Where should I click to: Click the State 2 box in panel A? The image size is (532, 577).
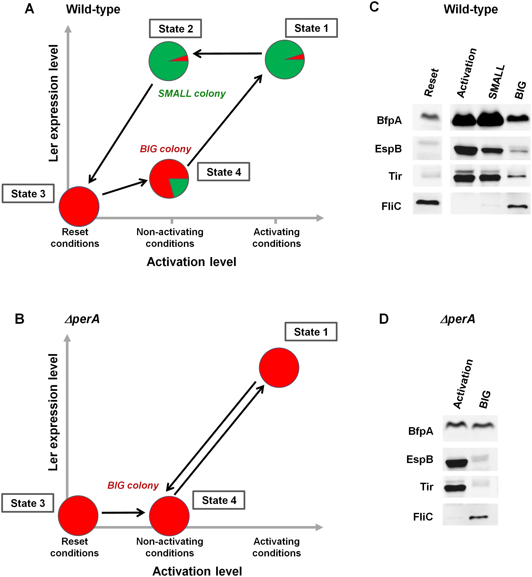(x=175, y=28)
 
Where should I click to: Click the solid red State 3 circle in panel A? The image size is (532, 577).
(x=79, y=206)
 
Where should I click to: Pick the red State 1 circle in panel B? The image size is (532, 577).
(x=279, y=367)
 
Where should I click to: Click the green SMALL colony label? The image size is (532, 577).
(x=192, y=93)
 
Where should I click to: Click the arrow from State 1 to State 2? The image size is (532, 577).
(x=227, y=53)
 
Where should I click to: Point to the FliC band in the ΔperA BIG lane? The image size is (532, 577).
(x=478, y=517)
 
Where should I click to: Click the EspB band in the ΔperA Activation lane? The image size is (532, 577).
(x=456, y=463)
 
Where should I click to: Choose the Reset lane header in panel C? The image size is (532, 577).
(x=431, y=83)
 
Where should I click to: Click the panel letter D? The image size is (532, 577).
(x=384, y=319)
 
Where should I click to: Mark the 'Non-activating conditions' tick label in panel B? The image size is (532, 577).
(x=170, y=547)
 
